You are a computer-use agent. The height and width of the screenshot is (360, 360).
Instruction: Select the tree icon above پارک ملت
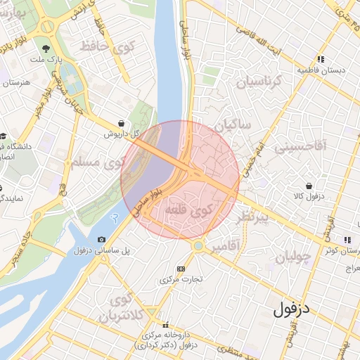[x=46, y=49]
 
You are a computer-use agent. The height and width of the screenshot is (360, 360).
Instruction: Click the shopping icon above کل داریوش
[x=122, y=123]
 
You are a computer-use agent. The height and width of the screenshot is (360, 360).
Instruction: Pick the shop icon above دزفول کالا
[x=310, y=186]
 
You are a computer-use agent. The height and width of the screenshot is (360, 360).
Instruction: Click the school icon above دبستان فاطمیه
[x=320, y=60]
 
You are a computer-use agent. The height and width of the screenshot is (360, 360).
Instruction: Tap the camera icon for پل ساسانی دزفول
[x=102, y=240]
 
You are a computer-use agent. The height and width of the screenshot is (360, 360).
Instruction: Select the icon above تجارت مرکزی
[x=181, y=269]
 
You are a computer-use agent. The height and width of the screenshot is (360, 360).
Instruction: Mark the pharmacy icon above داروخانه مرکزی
[x=167, y=326]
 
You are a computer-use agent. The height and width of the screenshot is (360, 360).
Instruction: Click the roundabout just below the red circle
[x=199, y=246]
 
